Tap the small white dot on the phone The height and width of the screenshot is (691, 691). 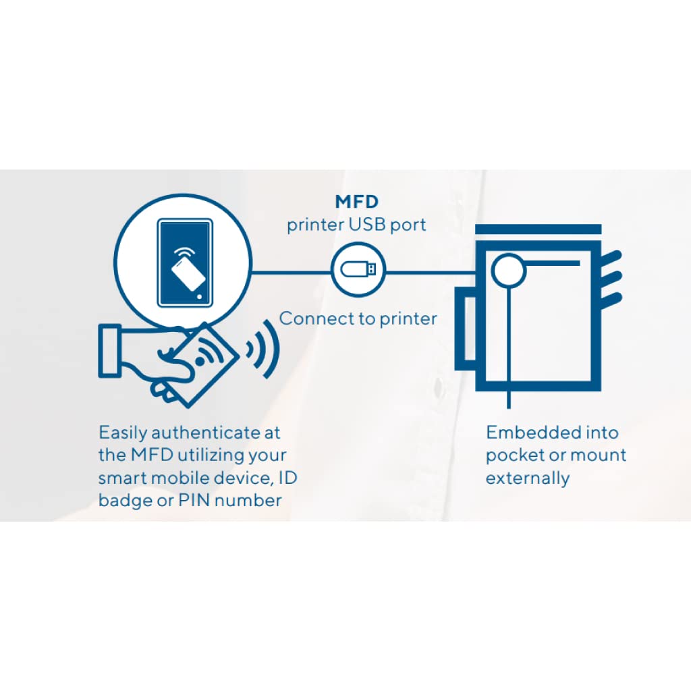click(x=199, y=296)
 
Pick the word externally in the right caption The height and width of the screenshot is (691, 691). click(x=528, y=478)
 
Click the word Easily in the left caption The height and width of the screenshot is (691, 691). click(x=123, y=433)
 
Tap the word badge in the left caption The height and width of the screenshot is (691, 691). click(x=123, y=500)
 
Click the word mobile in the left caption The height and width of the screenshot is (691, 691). click(x=183, y=478)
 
